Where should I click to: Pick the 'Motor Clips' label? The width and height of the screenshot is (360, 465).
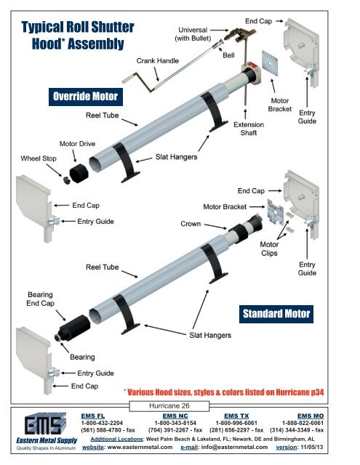[273, 249]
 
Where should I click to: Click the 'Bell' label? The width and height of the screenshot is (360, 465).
[228, 55]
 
